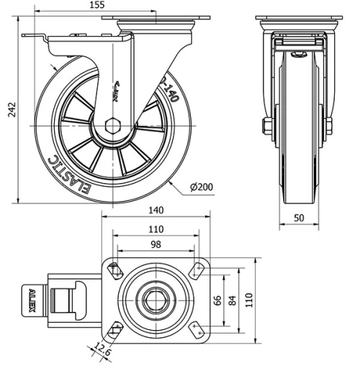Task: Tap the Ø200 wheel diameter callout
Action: pos(202,187)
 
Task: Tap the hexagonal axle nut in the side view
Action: pos(114,125)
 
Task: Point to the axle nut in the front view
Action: pos(268,128)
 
